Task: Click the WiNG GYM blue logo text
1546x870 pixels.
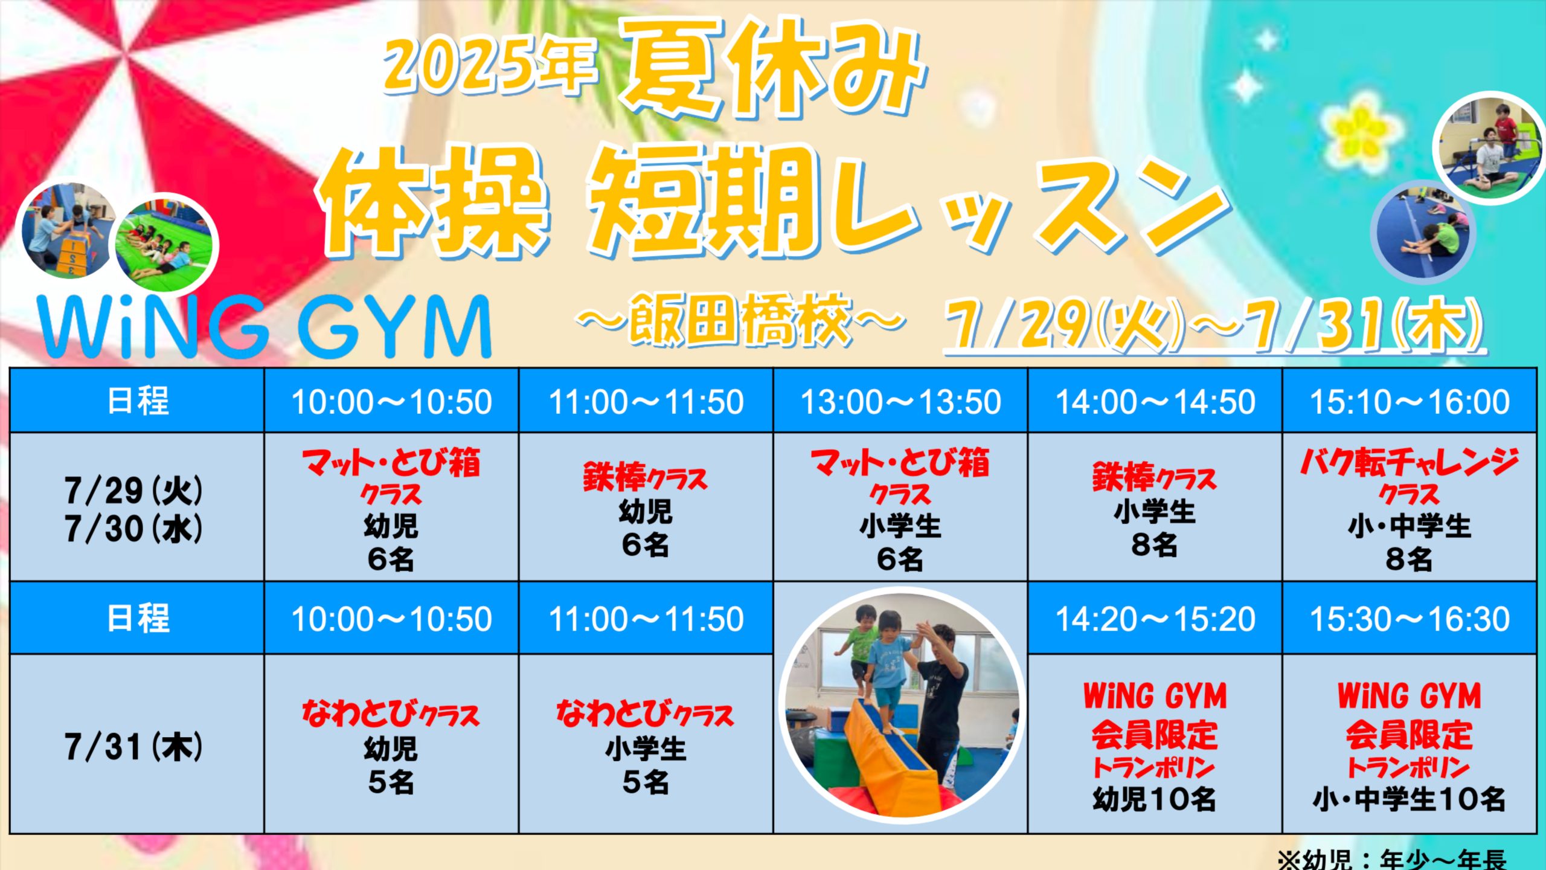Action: coord(265,327)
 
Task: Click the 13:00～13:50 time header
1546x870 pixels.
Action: coord(900,402)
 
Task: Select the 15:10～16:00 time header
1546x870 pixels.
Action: coord(1410,402)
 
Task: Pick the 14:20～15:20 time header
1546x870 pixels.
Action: coord(1155,619)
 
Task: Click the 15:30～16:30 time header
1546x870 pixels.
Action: coord(1410,619)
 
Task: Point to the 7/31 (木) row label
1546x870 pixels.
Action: coord(134,747)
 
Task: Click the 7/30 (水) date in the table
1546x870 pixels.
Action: coord(134,529)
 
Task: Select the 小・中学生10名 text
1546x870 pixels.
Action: coord(1410,799)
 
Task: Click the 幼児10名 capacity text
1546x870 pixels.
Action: coord(1155,799)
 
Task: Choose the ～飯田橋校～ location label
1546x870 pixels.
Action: coord(742,320)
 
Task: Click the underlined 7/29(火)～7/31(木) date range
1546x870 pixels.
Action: coord(1214,326)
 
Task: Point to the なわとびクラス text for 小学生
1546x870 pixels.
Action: coord(646,714)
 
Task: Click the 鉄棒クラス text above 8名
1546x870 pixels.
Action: coord(1155,477)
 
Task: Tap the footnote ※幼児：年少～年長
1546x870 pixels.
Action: coord(1391,859)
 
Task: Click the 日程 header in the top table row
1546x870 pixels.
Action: coord(138,401)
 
